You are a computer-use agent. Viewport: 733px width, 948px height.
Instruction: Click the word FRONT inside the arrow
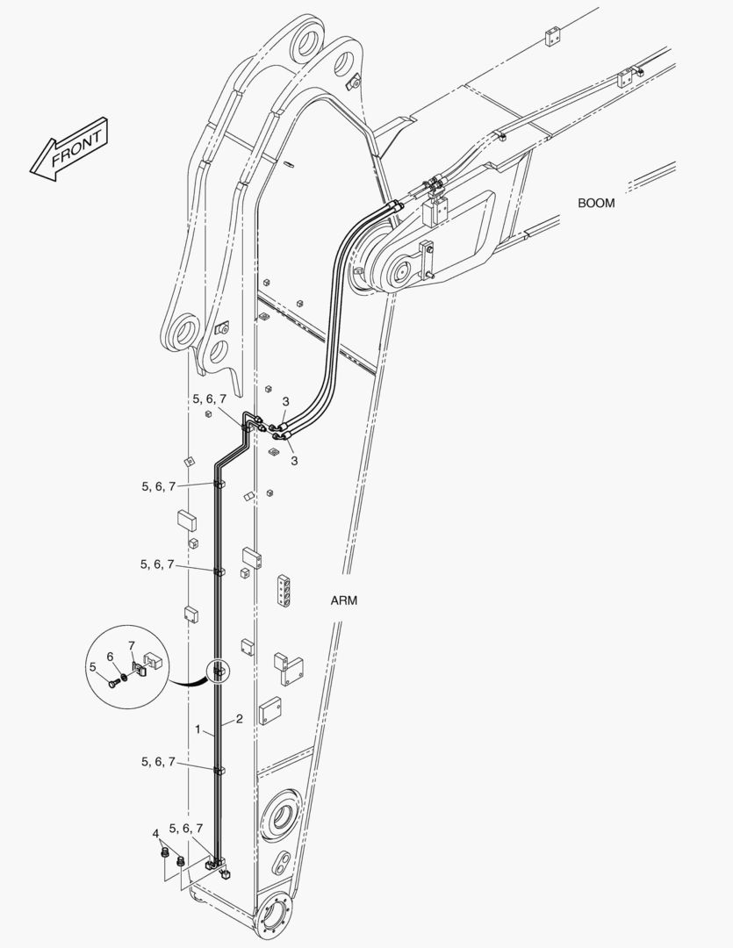[x=76, y=148]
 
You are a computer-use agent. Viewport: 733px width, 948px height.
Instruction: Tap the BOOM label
[x=596, y=203]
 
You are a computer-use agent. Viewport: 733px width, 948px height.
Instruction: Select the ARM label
[x=343, y=600]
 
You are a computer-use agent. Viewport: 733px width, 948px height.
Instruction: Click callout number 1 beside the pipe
[x=198, y=729]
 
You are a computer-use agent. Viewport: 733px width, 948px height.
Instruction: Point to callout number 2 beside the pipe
[x=240, y=719]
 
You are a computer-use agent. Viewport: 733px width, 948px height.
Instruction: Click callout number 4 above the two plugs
[x=155, y=834]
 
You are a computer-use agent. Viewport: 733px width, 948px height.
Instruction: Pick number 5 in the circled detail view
[x=92, y=667]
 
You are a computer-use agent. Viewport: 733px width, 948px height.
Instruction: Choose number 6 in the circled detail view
[x=110, y=657]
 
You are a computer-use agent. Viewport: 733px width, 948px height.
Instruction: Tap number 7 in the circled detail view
[x=132, y=646]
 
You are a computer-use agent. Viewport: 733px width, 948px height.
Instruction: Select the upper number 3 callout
[x=285, y=401]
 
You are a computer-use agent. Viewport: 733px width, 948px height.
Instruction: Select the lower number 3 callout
[x=294, y=461]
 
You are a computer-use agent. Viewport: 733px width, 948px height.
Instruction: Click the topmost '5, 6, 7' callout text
[x=209, y=399]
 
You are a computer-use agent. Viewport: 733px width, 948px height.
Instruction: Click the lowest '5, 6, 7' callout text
[x=186, y=829]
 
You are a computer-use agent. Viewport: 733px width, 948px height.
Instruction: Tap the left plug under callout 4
[x=163, y=853]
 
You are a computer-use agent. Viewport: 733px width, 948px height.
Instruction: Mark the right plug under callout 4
[x=180, y=861]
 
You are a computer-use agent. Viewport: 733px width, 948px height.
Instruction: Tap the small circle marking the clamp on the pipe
[x=218, y=671]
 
